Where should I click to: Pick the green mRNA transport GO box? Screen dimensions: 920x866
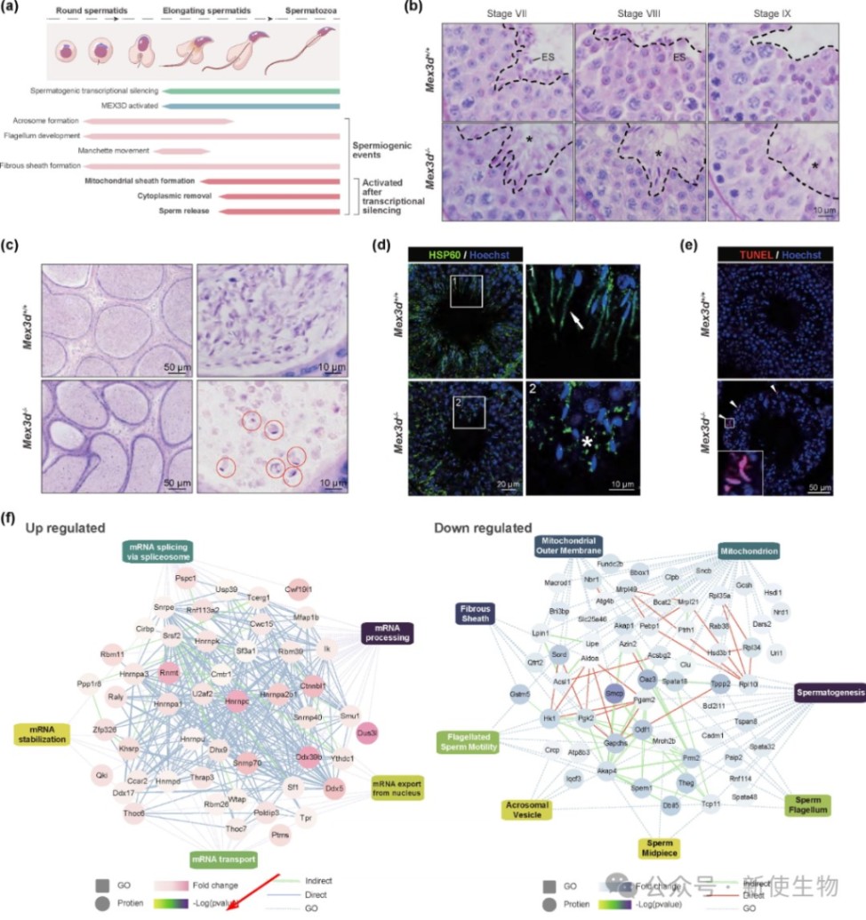click(222, 859)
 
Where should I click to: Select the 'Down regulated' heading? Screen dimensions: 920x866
click(482, 528)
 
